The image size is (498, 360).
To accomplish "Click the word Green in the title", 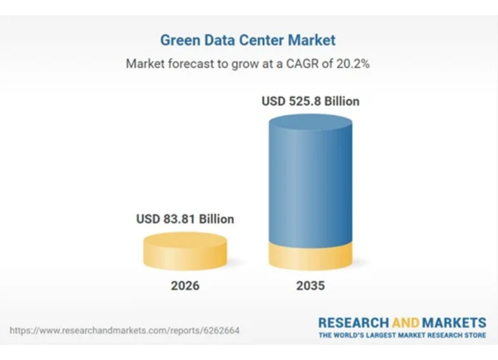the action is pyautogui.click(x=180, y=40).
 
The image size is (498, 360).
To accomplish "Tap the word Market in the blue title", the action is pyautogui.click(x=312, y=40).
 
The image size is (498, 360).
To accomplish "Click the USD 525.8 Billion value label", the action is pyautogui.click(x=311, y=101).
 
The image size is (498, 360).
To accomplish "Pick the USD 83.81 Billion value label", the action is pyautogui.click(x=185, y=219).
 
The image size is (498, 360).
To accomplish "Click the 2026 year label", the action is pyautogui.click(x=185, y=285).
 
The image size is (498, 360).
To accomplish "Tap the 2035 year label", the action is pyautogui.click(x=311, y=285).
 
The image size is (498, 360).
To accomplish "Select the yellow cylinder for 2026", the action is pyautogui.click(x=185, y=252).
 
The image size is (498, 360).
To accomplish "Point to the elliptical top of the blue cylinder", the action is pyautogui.click(x=311, y=122).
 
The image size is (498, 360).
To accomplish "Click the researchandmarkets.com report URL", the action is pyautogui.click(x=125, y=331).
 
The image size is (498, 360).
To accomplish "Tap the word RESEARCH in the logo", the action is pyautogui.click(x=354, y=323).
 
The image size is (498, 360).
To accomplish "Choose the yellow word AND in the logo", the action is pyautogui.click(x=405, y=323).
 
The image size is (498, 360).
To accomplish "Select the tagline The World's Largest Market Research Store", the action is pyautogui.click(x=403, y=335).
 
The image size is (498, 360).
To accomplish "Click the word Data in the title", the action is pyautogui.click(x=220, y=40).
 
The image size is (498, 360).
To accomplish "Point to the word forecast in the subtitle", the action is pyautogui.click(x=191, y=64).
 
